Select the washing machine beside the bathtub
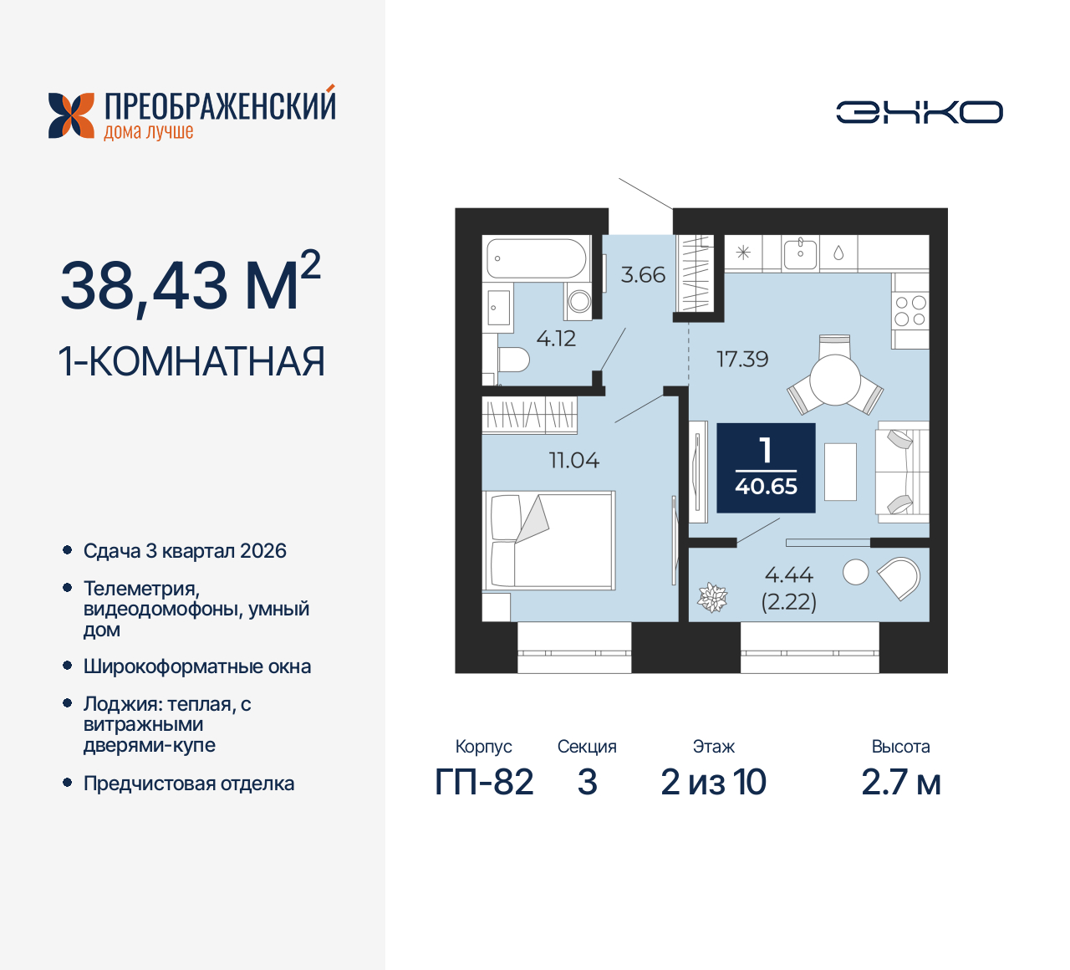point(578,301)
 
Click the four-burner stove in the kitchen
point(910,310)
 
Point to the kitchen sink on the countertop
point(800,252)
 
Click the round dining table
point(835,380)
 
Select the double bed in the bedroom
point(550,540)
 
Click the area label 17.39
point(742,360)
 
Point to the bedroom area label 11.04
point(574,460)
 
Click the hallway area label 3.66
point(643,274)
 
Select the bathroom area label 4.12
point(556,339)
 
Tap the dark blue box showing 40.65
point(766,467)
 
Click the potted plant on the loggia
point(712,597)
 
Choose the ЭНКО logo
point(919,112)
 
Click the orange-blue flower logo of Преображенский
point(71,115)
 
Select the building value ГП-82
point(484,783)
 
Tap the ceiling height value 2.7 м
point(900,783)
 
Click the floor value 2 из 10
point(713,783)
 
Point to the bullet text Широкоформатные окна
point(197,666)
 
